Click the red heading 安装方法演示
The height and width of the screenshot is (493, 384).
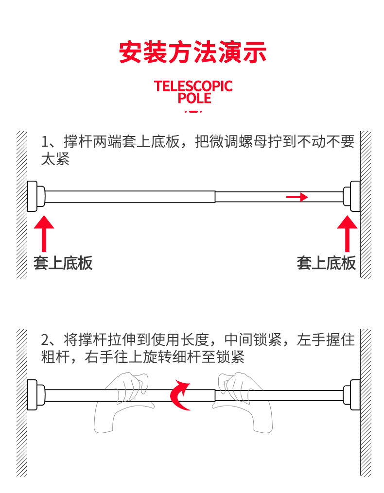point(193,52)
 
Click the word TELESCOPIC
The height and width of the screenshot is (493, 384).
point(193,86)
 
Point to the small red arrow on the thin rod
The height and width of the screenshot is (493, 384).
point(297,197)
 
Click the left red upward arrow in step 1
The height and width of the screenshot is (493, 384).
point(44,233)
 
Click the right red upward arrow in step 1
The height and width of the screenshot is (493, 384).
point(348,233)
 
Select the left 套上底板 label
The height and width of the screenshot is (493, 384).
point(63,263)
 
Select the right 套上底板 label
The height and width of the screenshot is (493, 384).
point(326,263)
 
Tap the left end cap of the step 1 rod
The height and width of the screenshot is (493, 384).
point(34,196)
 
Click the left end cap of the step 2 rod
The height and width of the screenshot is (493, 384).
point(34,394)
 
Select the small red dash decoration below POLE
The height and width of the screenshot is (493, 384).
point(193,112)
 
